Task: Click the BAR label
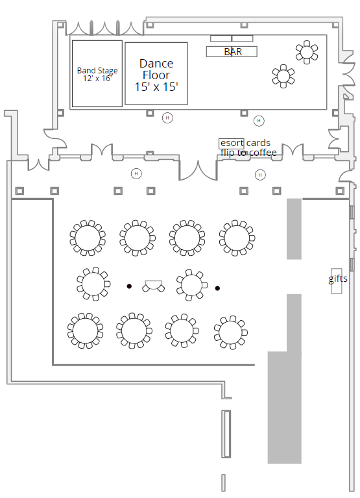click(233, 52)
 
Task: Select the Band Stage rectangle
click(97, 73)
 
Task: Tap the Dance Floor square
click(156, 73)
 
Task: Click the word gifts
click(338, 279)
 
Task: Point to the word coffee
click(263, 153)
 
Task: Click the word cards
click(258, 143)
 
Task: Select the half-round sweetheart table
click(154, 286)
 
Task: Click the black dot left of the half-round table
click(129, 286)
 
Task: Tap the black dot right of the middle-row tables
click(217, 288)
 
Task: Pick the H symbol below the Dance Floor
click(167, 118)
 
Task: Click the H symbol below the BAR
click(259, 120)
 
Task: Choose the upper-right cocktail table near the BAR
click(307, 52)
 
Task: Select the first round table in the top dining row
click(88, 238)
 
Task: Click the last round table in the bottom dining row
click(230, 332)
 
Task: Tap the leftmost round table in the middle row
click(93, 284)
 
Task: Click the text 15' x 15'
click(156, 87)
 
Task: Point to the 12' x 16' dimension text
click(97, 78)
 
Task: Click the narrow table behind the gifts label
click(337, 280)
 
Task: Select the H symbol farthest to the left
click(136, 174)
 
